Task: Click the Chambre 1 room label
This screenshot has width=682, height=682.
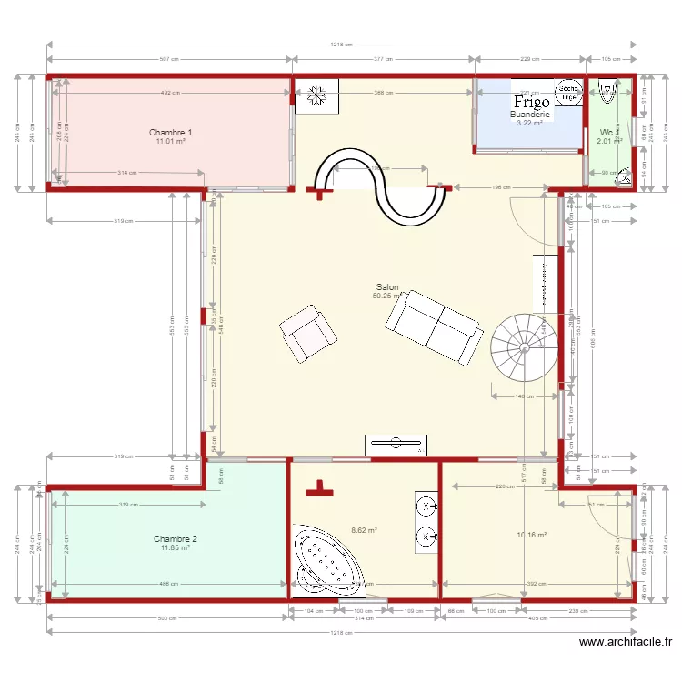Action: coord(170,132)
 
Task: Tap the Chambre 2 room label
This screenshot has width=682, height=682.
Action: coord(175,538)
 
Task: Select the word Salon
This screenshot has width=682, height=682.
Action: coord(387,286)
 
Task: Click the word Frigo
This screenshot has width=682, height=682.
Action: coord(532,102)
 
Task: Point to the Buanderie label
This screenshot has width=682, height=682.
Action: coord(529,115)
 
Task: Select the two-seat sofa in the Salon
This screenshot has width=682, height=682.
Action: coord(434,326)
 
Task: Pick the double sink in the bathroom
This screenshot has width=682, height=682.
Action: coord(426,522)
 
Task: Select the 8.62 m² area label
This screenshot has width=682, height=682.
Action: coord(364,530)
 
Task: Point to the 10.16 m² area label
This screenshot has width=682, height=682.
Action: coord(532,536)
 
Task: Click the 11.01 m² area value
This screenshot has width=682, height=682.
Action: coord(170,141)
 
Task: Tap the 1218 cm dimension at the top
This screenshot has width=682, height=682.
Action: coord(341,44)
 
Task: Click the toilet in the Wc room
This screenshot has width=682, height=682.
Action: coord(625,177)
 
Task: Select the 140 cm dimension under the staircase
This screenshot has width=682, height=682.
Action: coord(524,396)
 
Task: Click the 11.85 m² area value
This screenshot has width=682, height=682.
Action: coord(175,547)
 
